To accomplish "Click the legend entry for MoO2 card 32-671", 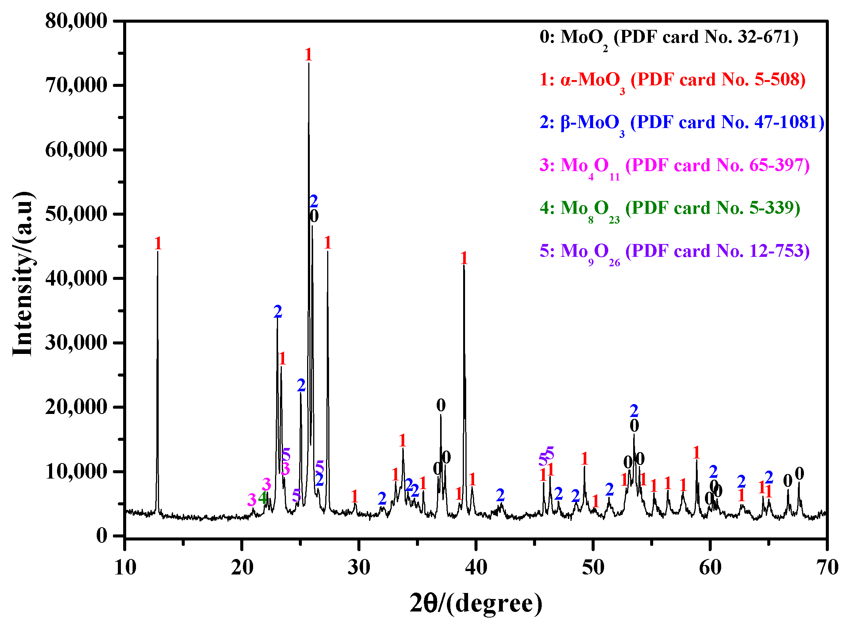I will tap(669, 37).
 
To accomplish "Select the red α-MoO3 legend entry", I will tap(672, 80).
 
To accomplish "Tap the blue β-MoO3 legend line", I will tap(682, 123).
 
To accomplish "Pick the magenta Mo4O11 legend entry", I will tap(674, 166).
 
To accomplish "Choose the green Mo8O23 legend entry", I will tap(670, 208).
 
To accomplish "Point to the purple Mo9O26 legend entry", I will tap(674, 251).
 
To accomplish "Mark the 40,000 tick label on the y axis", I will tap(76, 279).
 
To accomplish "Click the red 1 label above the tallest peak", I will tap(309, 55).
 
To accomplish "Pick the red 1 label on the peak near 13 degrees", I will tap(158, 244).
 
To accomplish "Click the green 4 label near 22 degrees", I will tap(263, 498).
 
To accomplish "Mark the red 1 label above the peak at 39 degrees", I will tap(464, 259).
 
